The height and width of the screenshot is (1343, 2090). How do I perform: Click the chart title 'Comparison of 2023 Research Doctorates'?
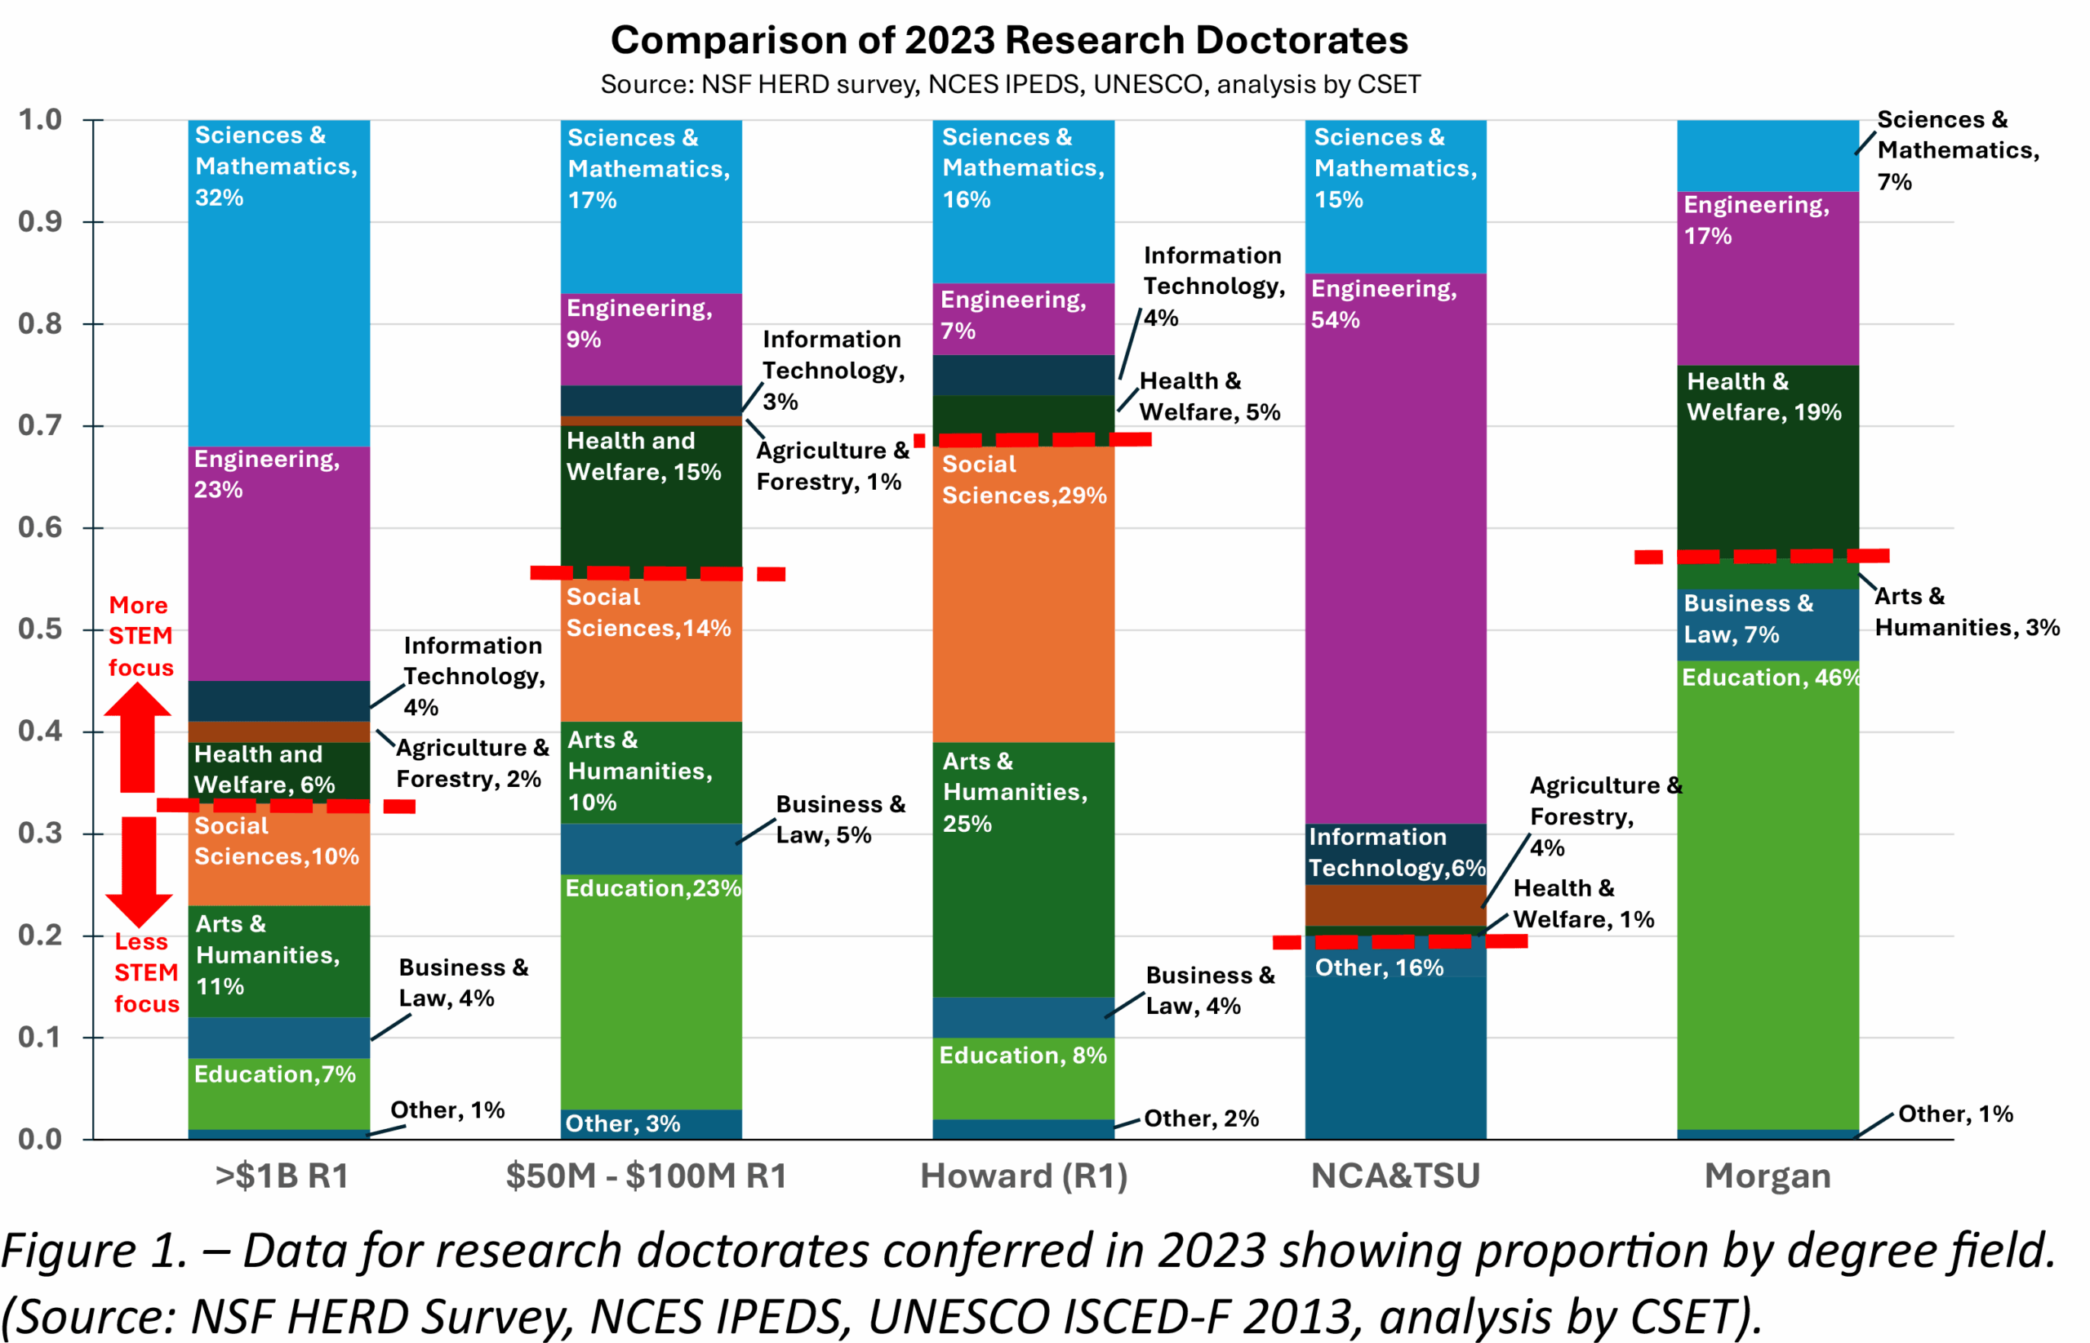tap(1009, 40)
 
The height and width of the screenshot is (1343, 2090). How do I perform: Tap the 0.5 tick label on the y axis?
tap(40, 629)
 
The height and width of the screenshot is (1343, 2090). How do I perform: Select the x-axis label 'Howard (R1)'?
tap(1024, 1176)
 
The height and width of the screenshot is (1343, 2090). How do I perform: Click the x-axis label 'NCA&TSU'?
tap(1395, 1176)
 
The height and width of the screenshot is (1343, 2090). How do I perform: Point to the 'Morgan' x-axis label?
tap(1768, 1176)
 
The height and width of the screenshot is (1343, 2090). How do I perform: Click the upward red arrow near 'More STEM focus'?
tap(138, 737)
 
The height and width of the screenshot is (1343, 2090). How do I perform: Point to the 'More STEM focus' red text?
tap(140, 637)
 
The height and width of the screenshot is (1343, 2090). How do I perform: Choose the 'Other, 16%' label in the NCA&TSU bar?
tap(1379, 967)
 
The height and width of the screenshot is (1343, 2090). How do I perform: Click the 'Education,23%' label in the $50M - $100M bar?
tap(652, 887)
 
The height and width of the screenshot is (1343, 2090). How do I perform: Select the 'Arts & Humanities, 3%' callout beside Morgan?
tap(1966, 611)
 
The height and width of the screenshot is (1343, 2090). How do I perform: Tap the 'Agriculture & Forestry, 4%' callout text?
tap(1604, 816)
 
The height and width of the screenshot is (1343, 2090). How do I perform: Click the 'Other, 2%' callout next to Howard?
tap(1201, 1118)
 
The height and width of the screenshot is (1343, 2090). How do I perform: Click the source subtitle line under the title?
tap(1010, 85)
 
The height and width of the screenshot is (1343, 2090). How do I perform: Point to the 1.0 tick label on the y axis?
tap(40, 119)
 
